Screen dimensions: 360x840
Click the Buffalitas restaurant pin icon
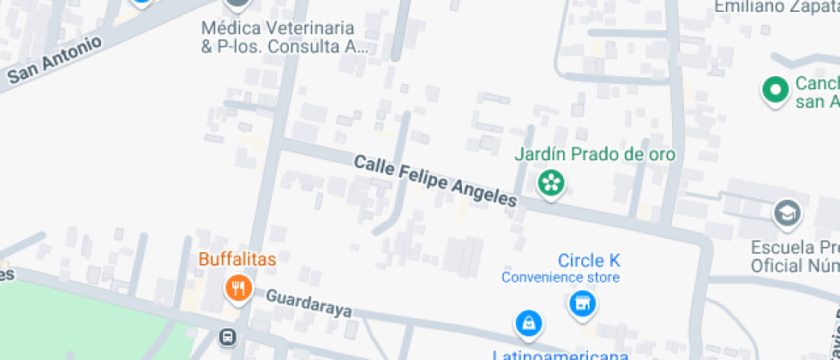click(x=237, y=288)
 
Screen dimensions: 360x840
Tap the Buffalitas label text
click(x=238, y=259)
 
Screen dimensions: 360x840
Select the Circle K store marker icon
click(x=582, y=303)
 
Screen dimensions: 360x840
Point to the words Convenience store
click(x=561, y=278)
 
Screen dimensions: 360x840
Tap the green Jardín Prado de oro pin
click(x=551, y=182)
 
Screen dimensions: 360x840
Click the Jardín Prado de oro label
click(x=594, y=155)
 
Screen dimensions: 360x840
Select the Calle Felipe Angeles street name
click(x=435, y=180)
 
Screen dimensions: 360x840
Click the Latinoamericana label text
click(x=560, y=354)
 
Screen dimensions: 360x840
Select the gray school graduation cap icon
click(x=786, y=212)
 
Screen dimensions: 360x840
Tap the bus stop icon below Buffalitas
click(x=227, y=337)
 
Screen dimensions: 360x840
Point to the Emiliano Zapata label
click(x=777, y=7)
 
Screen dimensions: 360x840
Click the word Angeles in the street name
click(x=484, y=191)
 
